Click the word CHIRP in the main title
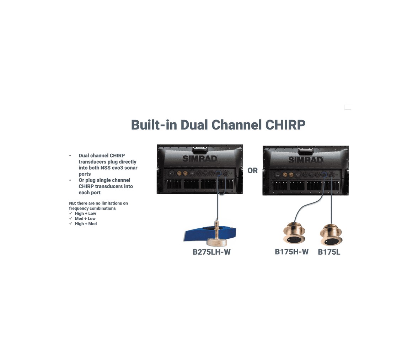[x=285, y=125]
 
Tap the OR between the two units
[x=252, y=170]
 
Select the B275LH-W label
[x=212, y=252]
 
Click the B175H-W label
[x=291, y=252]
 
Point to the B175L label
[x=329, y=252]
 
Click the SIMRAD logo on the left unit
[x=200, y=159]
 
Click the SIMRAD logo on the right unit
[x=306, y=160]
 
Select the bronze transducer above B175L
[x=331, y=235]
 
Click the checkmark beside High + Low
[x=71, y=213]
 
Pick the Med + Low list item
[x=85, y=218]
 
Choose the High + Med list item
[x=86, y=224]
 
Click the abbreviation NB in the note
[x=73, y=203]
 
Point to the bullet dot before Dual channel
[x=70, y=155]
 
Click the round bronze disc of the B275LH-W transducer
[x=217, y=242]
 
